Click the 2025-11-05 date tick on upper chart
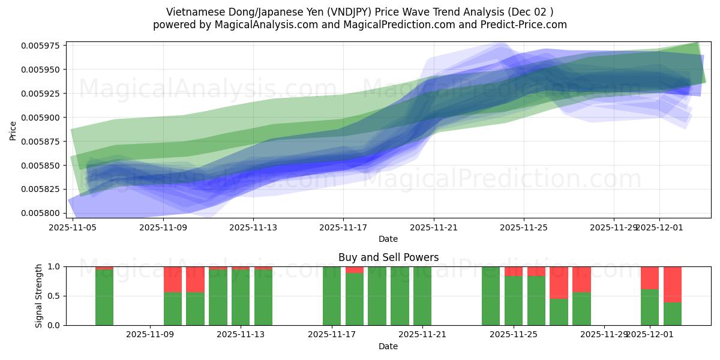73,227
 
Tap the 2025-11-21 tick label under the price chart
434,227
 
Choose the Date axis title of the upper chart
388,239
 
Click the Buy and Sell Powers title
388,257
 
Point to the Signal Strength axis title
39,296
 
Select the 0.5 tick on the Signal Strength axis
55,296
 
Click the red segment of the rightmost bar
672,284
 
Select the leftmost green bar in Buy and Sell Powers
104,297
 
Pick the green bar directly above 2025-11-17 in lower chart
332,296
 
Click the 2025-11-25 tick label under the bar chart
514,335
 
